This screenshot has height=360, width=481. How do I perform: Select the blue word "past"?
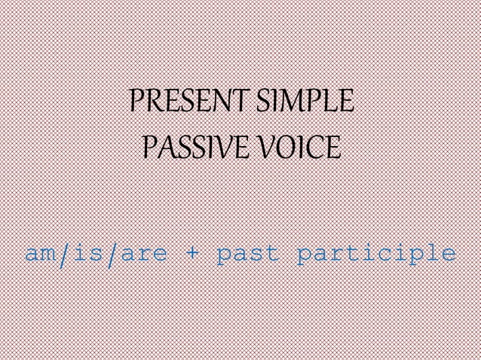point(247,254)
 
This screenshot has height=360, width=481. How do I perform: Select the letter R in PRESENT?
point(154,101)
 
